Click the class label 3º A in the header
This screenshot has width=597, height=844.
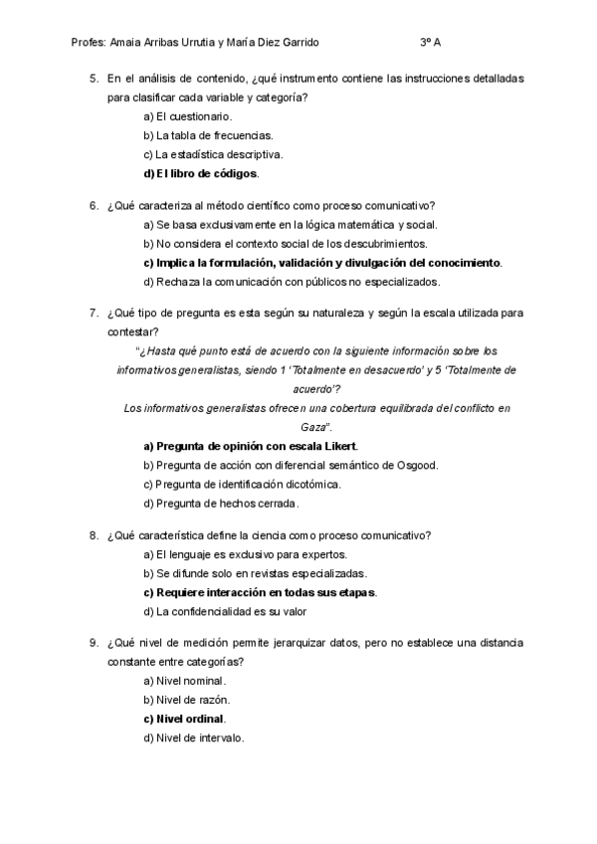(x=431, y=44)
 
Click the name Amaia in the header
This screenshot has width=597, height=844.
(x=133, y=44)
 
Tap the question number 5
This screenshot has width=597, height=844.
(x=94, y=78)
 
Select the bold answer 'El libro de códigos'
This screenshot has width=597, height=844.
(x=201, y=174)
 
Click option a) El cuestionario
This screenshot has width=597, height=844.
(x=188, y=116)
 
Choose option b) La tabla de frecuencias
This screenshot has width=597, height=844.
(x=208, y=135)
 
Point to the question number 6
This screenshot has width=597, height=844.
(x=94, y=206)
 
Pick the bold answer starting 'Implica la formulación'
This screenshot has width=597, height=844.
(x=323, y=263)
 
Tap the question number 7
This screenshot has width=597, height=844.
(x=94, y=314)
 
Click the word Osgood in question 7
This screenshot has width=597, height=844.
(x=419, y=465)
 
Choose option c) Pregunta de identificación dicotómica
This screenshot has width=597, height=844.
(x=242, y=484)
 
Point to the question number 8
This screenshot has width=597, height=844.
(x=94, y=535)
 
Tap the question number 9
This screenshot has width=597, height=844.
(x=94, y=643)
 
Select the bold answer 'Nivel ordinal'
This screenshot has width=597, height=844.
(x=185, y=719)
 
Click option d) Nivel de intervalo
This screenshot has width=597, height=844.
(x=193, y=738)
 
